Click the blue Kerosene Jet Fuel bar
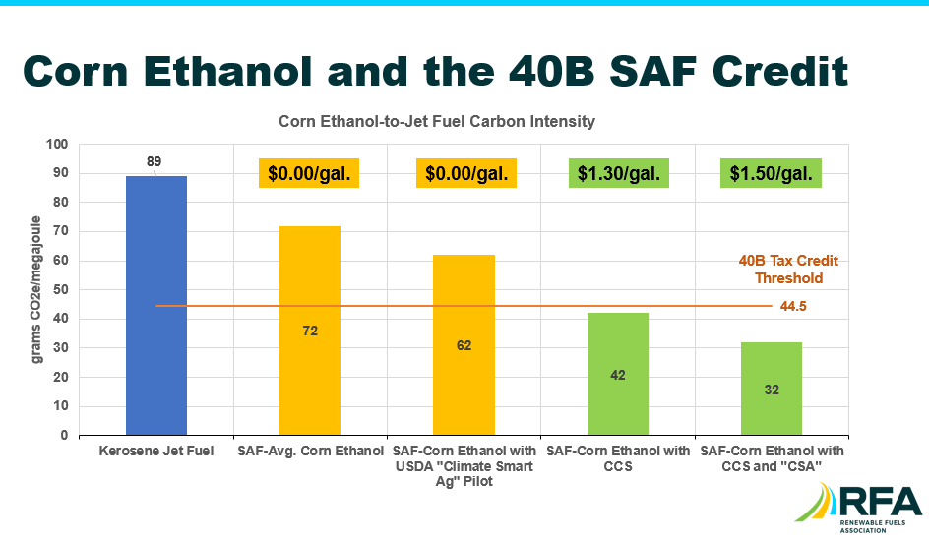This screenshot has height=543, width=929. point(156,306)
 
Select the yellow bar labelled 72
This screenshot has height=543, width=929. point(310,331)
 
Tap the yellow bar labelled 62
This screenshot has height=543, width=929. point(464,344)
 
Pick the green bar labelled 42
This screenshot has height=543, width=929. point(618,374)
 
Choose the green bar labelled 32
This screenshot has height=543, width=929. point(772,389)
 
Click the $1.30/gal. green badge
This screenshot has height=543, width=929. point(619,173)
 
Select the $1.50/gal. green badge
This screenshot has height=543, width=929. point(771,173)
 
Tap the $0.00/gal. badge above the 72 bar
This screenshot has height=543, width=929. point(309,173)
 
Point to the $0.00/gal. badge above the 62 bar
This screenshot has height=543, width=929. point(466,173)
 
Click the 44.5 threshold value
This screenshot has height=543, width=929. point(793,306)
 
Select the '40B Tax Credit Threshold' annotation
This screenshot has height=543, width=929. point(788,270)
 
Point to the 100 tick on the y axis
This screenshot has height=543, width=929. point(57,144)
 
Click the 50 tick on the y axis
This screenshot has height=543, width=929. point(61,289)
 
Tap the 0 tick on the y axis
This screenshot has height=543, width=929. point(65,435)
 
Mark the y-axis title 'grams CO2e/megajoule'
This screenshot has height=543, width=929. point(36,289)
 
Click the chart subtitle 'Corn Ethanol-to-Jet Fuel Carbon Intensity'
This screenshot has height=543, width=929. point(437,121)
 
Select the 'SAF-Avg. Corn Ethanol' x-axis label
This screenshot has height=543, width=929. point(310,451)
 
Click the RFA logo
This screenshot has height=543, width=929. point(858,508)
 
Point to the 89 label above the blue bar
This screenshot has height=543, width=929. point(155,161)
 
